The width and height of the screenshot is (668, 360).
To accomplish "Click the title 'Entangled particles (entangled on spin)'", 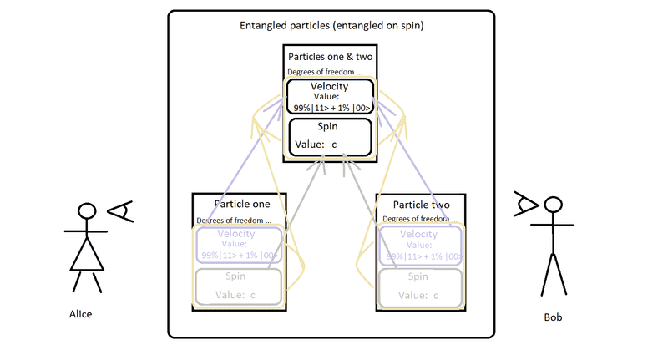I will click(331, 26).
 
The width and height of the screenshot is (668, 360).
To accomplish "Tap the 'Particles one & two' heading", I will click(330, 57).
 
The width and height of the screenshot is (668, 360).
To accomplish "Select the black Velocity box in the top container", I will click(331, 96).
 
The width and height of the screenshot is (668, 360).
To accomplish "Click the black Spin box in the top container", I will click(330, 136).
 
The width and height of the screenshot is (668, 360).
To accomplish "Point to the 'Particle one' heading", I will click(241, 204).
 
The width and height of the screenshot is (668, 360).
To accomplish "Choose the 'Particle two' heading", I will click(422, 204).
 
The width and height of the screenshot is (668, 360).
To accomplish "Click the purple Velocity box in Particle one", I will click(240, 246).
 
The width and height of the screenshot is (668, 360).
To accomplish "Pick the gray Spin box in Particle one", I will click(240, 285).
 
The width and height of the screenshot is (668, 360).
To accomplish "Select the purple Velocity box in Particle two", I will click(421, 246).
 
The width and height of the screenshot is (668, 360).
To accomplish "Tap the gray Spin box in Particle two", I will click(421, 285).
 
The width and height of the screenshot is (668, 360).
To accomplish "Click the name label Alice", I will click(80, 314).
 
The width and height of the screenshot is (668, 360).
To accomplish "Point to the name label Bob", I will click(553, 318).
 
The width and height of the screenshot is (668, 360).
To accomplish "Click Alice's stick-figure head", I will click(86, 213).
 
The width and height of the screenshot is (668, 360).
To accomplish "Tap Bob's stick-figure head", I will click(550, 205).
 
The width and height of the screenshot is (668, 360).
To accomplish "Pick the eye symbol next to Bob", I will click(526, 202).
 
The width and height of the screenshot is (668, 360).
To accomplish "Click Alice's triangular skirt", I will click(86, 254).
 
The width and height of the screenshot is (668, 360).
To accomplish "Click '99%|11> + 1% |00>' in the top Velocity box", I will click(331, 108).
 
